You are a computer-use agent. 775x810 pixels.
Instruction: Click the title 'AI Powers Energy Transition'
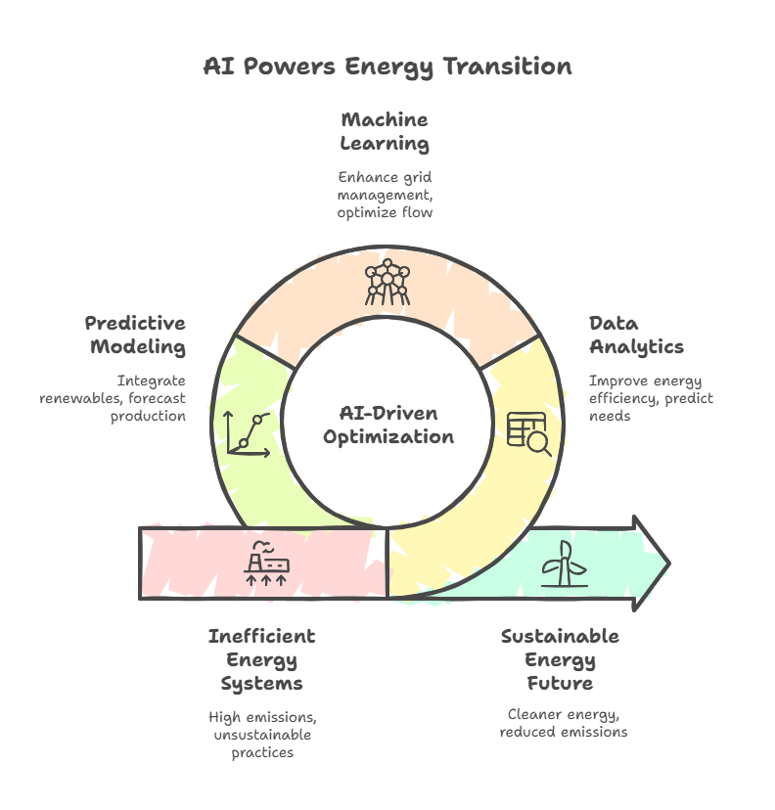[x=387, y=67]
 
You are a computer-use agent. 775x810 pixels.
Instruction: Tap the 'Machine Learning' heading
[x=385, y=132]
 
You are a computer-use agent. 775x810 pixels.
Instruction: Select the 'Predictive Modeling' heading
[x=135, y=336]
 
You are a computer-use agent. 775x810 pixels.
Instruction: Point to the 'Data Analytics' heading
[x=636, y=336]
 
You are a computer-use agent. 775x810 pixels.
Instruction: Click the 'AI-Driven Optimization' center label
[x=388, y=426]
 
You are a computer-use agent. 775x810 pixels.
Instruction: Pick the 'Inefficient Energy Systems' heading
[x=262, y=659]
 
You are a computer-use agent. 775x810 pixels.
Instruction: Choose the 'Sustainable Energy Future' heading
[x=560, y=659]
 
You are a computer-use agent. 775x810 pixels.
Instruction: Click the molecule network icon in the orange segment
[x=387, y=282]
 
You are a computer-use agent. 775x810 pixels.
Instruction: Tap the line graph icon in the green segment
[x=248, y=434]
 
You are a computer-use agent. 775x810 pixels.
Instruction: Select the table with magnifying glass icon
[x=529, y=434]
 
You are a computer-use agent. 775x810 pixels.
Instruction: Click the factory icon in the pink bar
[x=266, y=563]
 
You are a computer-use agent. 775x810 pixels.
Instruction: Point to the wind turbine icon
[x=565, y=563]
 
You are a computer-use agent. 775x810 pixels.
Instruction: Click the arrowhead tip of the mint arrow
[x=670, y=563]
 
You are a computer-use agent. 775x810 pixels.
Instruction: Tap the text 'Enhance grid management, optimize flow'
[x=385, y=195]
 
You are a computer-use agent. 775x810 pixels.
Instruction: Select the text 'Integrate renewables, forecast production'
[x=113, y=398]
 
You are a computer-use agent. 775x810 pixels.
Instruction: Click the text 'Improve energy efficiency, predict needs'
[x=651, y=398]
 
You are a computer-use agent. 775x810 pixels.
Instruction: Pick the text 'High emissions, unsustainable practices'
[x=262, y=735]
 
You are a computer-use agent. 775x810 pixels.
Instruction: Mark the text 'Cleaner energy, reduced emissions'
[x=564, y=723]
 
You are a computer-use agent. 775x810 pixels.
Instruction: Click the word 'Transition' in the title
[x=508, y=67]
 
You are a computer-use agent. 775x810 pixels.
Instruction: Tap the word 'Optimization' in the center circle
[x=388, y=437]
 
